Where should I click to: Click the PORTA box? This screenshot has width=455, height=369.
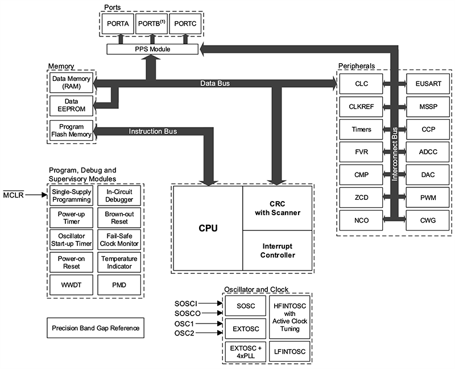pyautogui.click(x=119, y=24)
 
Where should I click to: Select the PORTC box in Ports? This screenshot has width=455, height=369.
pyautogui.click(x=185, y=24)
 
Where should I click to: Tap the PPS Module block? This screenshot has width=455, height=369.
pyautogui.click(x=152, y=50)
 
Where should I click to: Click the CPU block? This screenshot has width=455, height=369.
pyautogui.click(x=208, y=228)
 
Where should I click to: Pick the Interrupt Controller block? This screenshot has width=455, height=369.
pyautogui.click(x=278, y=250)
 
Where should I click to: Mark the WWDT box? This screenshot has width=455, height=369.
pyautogui.click(x=70, y=283)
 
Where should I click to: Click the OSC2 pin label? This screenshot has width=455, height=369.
pyautogui.click(x=184, y=333)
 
